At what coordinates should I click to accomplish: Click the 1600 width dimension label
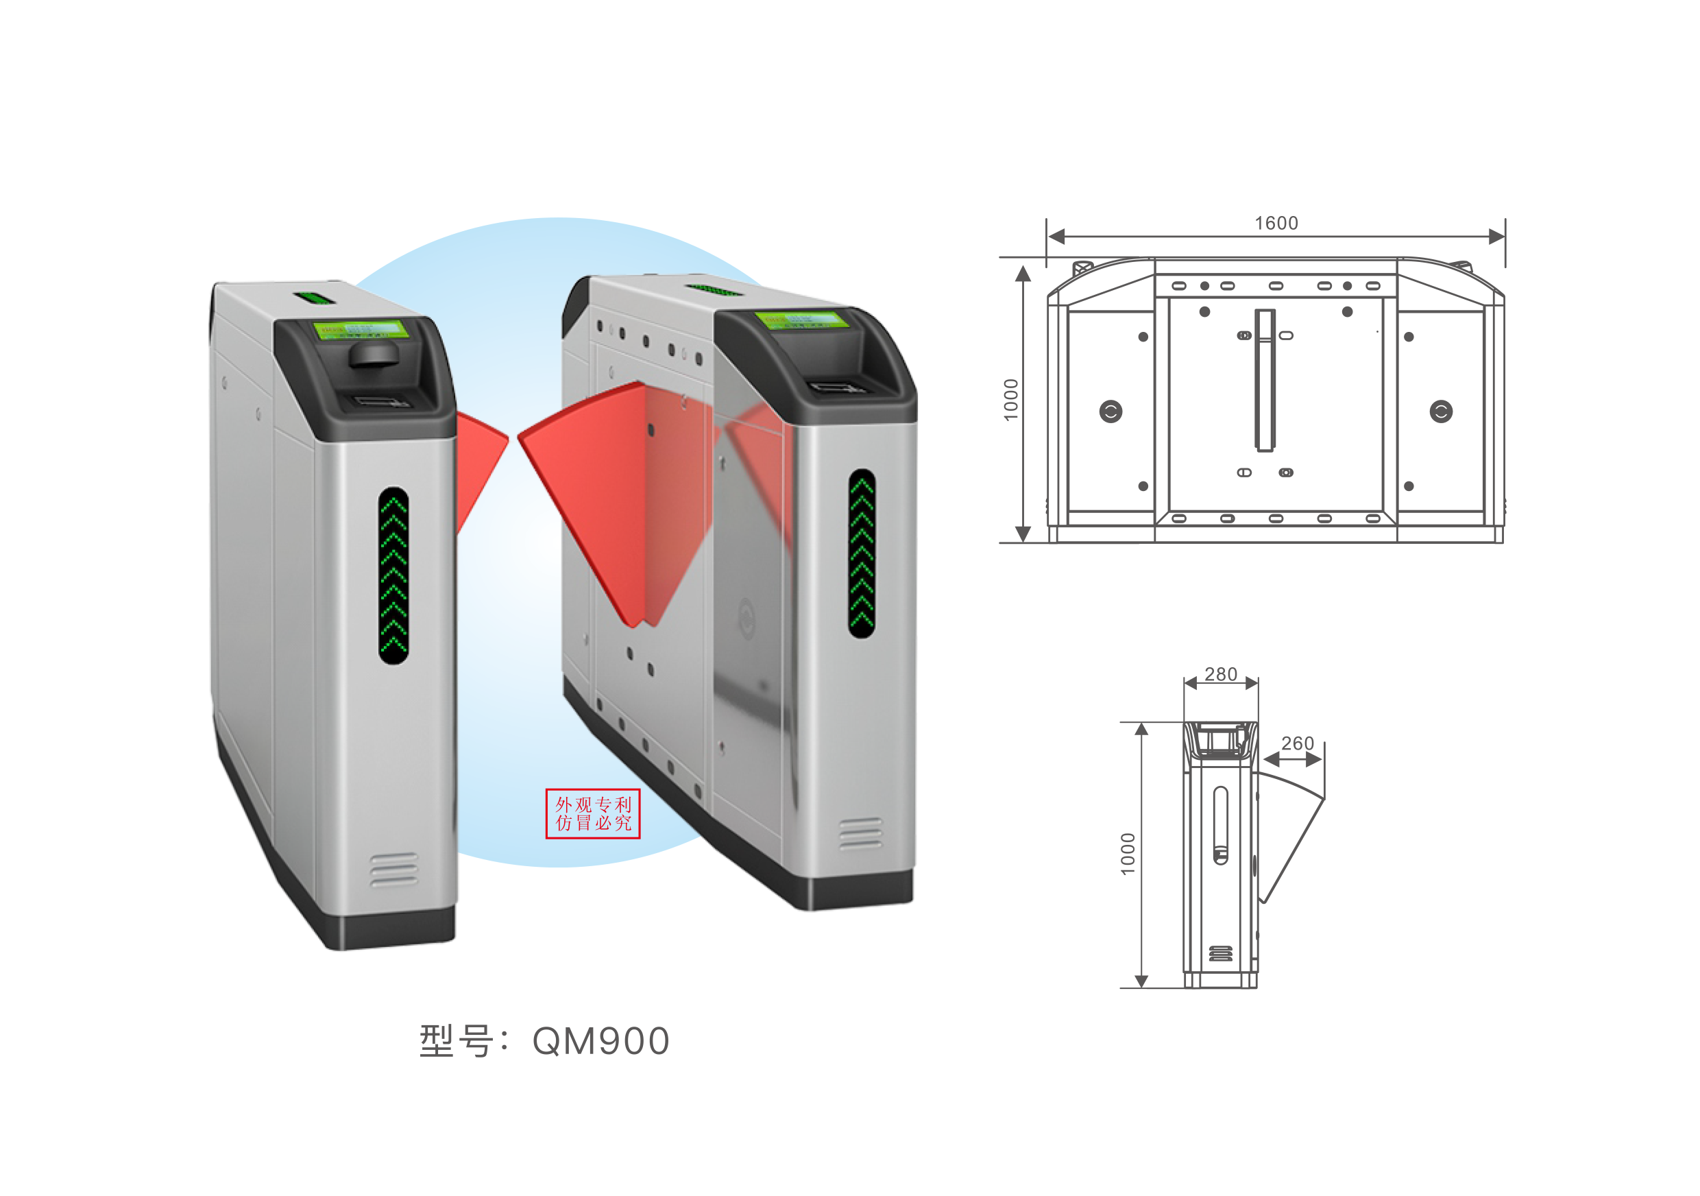click(x=1276, y=223)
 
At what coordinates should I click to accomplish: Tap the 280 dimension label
click(x=1220, y=674)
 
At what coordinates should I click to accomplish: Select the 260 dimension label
click(x=1297, y=743)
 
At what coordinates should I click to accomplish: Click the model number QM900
click(x=600, y=1040)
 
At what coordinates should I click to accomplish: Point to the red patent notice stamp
click(x=592, y=813)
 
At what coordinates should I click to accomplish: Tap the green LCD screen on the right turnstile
click(x=800, y=320)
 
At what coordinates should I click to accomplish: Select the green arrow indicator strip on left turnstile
click(x=393, y=575)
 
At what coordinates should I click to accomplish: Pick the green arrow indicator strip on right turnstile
click(x=861, y=553)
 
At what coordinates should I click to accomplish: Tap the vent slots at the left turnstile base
click(x=393, y=870)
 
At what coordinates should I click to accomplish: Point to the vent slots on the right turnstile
click(x=860, y=834)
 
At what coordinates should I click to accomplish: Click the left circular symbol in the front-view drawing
click(x=1110, y=411)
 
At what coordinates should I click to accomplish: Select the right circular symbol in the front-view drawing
click(x=1441, y=411)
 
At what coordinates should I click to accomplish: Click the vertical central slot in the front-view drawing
click(x=1265, y=380)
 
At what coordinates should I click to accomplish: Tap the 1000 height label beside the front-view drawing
click(x=1010, y=400)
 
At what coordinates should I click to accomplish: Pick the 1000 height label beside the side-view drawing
click(x=1128, y=854)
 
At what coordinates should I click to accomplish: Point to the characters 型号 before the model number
click(x=456, y=1040)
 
